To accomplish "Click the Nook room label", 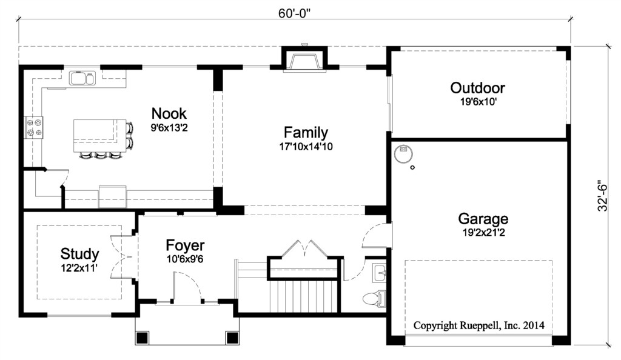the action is coord(169,113).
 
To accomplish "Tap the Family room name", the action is coord(306,132).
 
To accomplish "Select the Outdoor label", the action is coord(478,87).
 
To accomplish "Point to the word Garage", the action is coord(483,218).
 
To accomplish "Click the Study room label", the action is coord(79,253).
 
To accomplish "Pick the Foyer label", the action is coord(185,245).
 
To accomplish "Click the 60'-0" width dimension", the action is coord(294,13).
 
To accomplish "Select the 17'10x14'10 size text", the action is coord(306,147).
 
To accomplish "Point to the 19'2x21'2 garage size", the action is coord(483,233).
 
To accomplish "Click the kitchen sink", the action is coord(82,78).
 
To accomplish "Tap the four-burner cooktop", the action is coord(34,128).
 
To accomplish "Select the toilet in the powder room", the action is coord(374,298).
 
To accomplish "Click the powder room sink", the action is coord(379,273).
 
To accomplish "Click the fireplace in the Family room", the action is coord(304,61).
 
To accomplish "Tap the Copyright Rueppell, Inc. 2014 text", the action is coord(479,325).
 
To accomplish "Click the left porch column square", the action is coord(142,338).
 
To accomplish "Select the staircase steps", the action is coord(303,296).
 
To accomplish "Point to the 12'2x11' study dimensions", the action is coord(79,268).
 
